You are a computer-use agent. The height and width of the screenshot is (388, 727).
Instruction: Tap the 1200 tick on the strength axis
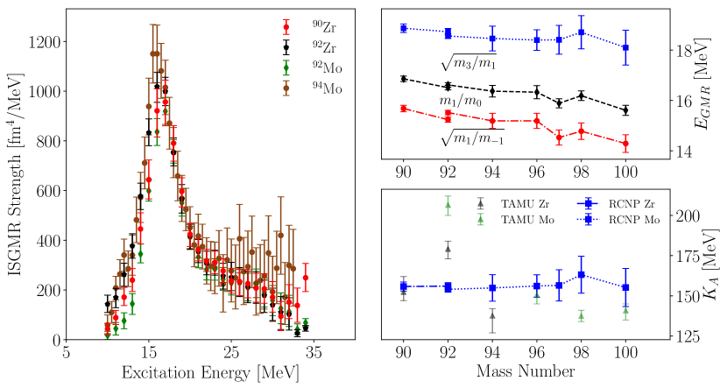44,42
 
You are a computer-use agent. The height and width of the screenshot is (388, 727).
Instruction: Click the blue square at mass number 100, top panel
625,47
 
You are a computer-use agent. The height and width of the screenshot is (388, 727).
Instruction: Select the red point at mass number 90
403,108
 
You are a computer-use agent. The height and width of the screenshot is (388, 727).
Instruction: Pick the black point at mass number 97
559,102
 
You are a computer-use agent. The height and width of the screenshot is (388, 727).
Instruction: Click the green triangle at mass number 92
448,205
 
